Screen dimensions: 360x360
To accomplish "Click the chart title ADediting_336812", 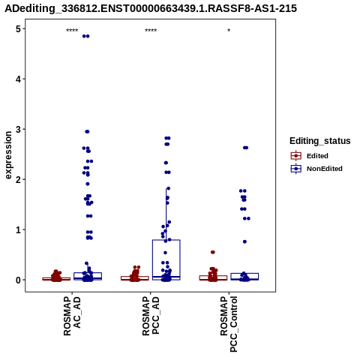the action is point(151,8).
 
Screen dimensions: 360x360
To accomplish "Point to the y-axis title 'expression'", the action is point(8,155).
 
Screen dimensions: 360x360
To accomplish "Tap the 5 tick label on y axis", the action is point(18,29).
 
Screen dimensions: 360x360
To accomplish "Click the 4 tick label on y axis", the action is point(18,79).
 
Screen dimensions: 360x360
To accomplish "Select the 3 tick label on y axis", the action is point(18,130).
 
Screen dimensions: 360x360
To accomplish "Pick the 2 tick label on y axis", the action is point(18,180).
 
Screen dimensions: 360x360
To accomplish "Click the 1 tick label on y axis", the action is point(18,230).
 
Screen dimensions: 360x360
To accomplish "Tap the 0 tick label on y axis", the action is point(18,280).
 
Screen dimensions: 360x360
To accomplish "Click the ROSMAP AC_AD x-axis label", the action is point(72,316).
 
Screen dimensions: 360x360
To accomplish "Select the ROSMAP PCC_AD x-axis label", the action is point(151,316).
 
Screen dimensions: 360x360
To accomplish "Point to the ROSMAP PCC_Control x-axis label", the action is point(229,324).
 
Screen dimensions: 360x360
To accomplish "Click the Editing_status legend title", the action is point(320,141).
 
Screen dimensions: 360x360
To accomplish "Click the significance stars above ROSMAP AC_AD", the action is point(72,31).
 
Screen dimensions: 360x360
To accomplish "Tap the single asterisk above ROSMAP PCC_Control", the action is point(229,31).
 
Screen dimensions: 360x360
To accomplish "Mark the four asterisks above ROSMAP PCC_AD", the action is point(151,31).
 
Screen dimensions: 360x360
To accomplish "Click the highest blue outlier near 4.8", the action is point(85,36).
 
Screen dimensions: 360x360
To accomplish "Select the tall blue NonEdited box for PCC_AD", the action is point(166,259).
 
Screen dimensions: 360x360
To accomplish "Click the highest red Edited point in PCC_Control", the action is point(213,252).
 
